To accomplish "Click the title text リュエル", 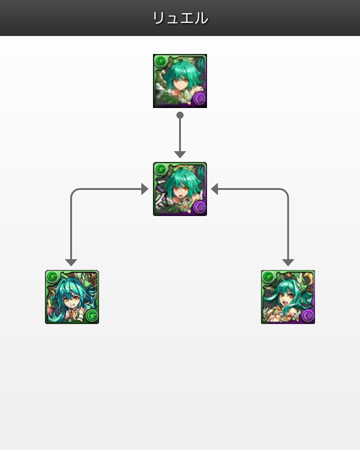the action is pyautogui.click(x=180, y=18).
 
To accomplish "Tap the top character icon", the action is pyautogui.click(x=180, y=81).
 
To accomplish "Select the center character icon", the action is pyautogui.click(x=180, y=189).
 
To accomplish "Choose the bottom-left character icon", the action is pyautogui.click(x=72, y=297).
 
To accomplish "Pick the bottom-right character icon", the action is pyautogui.click(x=288, y=297).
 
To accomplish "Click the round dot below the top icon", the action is pyautogui.click(x=180, y=115).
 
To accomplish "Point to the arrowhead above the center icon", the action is pyautogui.click(x=180, y=154).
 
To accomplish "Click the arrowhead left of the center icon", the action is pyautogui.click(x=145, y=189).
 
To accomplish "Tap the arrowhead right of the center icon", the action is pyautogui.click(x=215, y=189).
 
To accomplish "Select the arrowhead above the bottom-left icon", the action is pyautogui.click(x=71, y=262).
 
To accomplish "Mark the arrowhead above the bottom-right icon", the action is pyautogui.click(x=288, y=262).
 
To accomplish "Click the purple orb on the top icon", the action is pyautogui.click(x=199, y=99).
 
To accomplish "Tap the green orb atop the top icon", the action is pyautogui.click(x=161, y=61).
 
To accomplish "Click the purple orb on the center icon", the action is pyautogui.click(x=199, y=207).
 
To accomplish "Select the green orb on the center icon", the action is pyautogui.click(x=161, y=169).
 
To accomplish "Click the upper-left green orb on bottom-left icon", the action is pyautogui.click(x=53, y=277).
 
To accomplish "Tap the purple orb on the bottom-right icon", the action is pyautogui.click(x=308, y=315).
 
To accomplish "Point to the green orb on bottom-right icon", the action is pyautogui.click(x=269, y=277).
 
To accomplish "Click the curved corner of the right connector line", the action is pyautogui.click(x=285, y=192).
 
